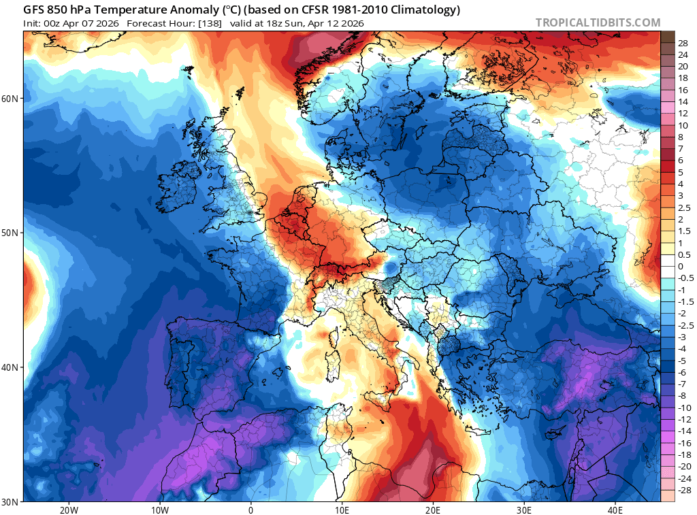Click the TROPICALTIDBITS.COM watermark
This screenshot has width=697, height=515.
tap(598, 22)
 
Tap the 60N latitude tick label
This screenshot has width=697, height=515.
tap(10, 99)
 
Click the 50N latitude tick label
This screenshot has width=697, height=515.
tap(10, 233)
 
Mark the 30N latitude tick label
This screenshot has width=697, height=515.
tap(10, 501)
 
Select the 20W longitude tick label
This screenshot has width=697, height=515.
tap(68, 510)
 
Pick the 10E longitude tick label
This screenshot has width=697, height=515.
tap(342, 510)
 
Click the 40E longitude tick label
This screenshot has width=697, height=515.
tap(615, 510)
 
